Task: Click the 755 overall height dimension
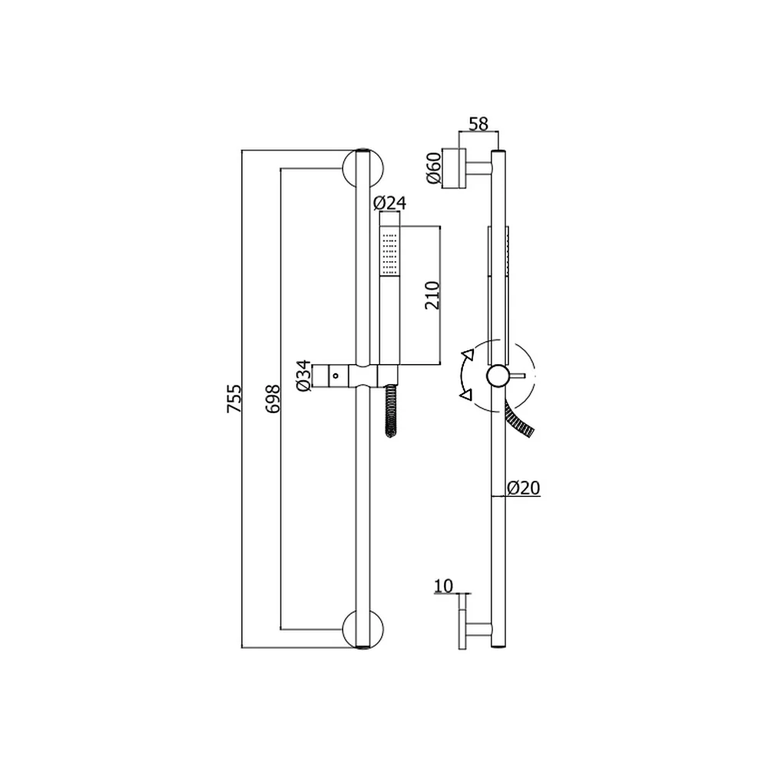point(234,398)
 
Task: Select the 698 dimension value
point(273,398)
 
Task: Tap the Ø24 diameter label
point(390,203)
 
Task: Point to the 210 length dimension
point(432,295)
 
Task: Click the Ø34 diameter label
point(303,376)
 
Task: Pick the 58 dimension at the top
point(478,124)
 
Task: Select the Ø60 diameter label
point(434,168)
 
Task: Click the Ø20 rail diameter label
point(524,488)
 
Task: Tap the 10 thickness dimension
point(444,586)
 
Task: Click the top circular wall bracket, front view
point(363,168)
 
